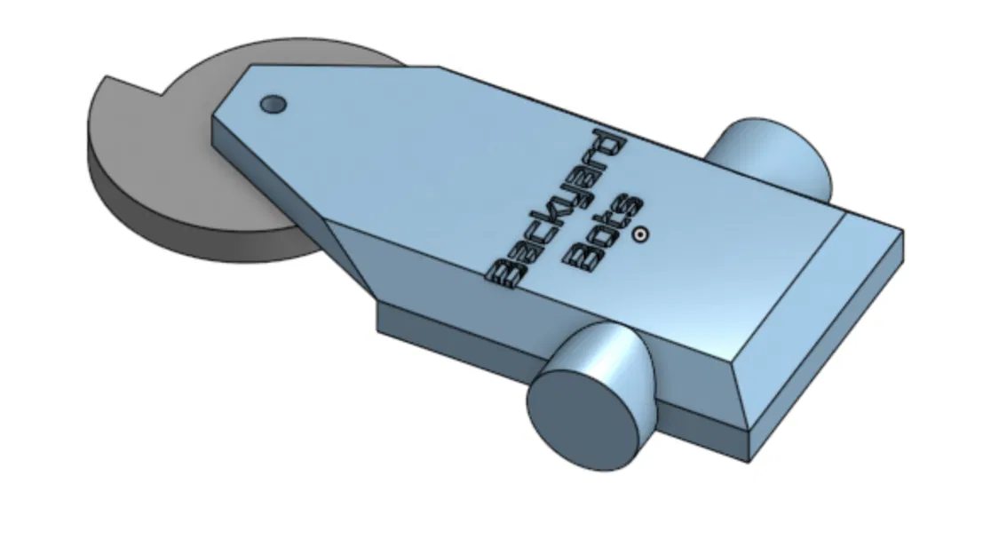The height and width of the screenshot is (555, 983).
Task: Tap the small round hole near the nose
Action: pyautogui.click(x=273, y=105)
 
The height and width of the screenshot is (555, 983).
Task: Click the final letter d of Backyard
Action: pyautogui.click(x=609, y=144)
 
